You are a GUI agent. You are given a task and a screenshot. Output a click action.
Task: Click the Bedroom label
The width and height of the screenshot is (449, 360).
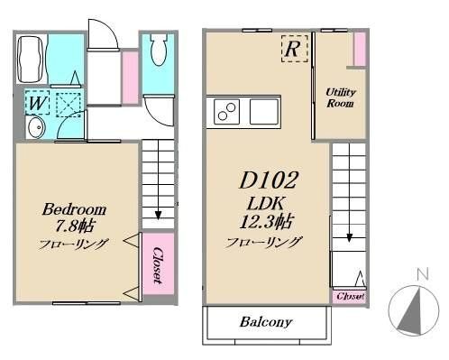tap(75, 209)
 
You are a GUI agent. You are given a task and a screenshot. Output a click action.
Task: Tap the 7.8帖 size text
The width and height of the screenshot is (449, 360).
tap(75, 226)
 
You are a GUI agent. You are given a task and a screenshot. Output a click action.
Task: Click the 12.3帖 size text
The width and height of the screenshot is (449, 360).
tap(263, 222)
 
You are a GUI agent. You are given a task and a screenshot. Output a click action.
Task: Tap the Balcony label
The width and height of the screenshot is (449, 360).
tap(265, 322)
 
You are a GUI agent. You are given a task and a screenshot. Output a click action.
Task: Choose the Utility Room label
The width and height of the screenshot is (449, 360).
tap(340, 97)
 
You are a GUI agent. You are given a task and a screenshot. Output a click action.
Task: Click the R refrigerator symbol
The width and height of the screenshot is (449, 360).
tap(292, 50)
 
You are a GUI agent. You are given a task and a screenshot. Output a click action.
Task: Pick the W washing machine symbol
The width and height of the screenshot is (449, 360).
tap(36, 104)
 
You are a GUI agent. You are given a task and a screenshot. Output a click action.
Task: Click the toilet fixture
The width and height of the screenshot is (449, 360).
tap(159, 51)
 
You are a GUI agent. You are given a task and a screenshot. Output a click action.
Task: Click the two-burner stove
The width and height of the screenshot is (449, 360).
tap(226, 114)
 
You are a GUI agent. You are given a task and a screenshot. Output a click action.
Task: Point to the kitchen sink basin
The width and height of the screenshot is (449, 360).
tap(264, 113)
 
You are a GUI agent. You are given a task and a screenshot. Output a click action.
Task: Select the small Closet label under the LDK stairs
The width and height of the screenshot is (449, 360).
tap(349, 296)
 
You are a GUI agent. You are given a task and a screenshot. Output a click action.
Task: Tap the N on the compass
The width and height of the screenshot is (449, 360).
tap(420, 273)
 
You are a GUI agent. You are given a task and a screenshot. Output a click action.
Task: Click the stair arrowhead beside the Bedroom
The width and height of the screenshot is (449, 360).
tap(159, 215)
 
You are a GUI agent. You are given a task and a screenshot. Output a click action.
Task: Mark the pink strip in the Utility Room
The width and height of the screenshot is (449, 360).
tap(359, 50)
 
